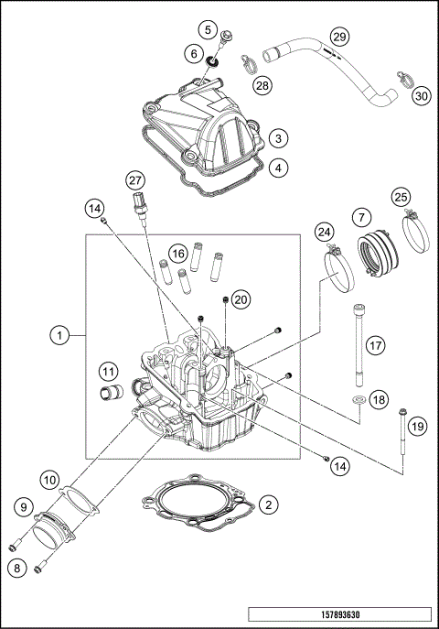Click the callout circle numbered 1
(x=59, y=336)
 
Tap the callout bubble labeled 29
(x=339, y=37)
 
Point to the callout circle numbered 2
(x=267, y=504)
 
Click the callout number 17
(x=374, y=345)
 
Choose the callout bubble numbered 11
(x=109, y=372)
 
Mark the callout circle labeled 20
(x=241, y=298)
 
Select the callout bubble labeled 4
(x=278, y=168)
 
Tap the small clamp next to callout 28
(x=246, y=63)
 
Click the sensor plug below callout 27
(x=139, y=201)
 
